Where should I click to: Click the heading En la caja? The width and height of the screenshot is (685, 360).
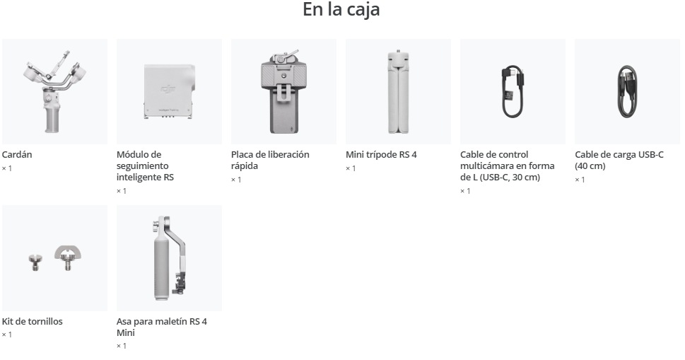341,10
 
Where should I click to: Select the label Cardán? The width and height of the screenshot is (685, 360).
17,154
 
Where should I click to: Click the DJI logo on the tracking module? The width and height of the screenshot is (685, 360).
168,90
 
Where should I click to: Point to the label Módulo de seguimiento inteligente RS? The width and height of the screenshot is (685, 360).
145,166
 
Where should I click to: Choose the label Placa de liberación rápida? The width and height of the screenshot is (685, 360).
270,160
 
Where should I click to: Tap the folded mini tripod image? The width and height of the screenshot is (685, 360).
398,91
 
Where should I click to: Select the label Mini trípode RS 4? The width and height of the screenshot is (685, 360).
381,154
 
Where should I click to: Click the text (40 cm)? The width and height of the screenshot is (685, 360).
590,166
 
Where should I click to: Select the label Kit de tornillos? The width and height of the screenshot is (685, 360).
33,321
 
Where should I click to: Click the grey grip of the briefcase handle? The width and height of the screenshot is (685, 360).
162,267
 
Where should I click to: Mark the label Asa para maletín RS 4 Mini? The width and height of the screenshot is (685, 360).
162,327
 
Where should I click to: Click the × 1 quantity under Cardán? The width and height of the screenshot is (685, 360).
7,168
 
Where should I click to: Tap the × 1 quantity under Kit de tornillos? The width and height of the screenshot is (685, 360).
7,335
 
